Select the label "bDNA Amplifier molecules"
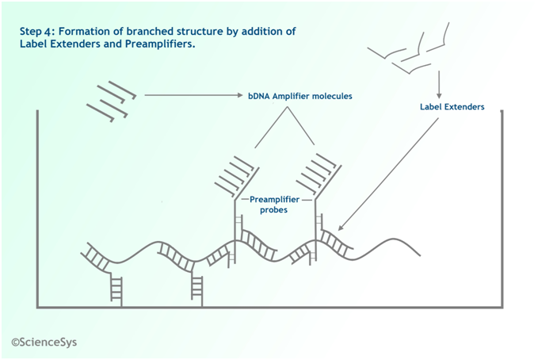click(295, 96)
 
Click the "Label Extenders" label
click(452, 106)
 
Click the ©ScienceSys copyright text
click(44, 343)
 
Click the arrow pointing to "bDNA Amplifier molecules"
click(190, 96)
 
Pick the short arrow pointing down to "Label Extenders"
click(439, 83)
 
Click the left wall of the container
click(37, 206)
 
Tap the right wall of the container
click(502, 206)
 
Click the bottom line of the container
click(269, 307)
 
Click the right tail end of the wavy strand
click(417, 254)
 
